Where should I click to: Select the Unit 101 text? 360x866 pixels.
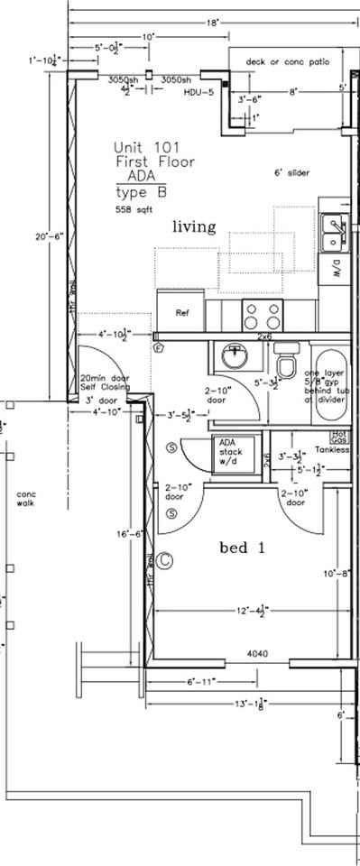(140, 146)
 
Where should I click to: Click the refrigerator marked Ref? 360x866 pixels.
(181, 313)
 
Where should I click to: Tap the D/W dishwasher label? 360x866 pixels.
(336, 267)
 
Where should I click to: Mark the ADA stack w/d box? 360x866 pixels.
(226, 451)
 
